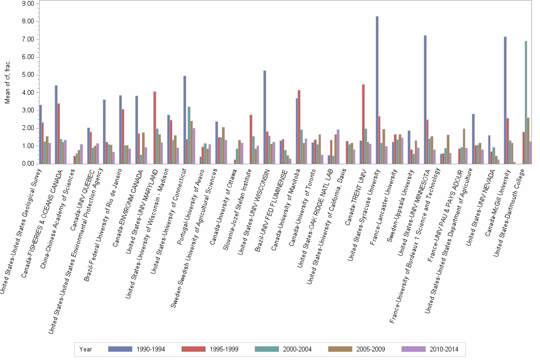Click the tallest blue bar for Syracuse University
point(377,90)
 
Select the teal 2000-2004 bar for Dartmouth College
point(526,102)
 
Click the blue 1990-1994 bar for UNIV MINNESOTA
point(425,100)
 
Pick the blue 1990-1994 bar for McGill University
point(505,100)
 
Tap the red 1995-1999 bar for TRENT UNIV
point(363,124)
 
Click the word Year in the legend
point(86,349)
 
